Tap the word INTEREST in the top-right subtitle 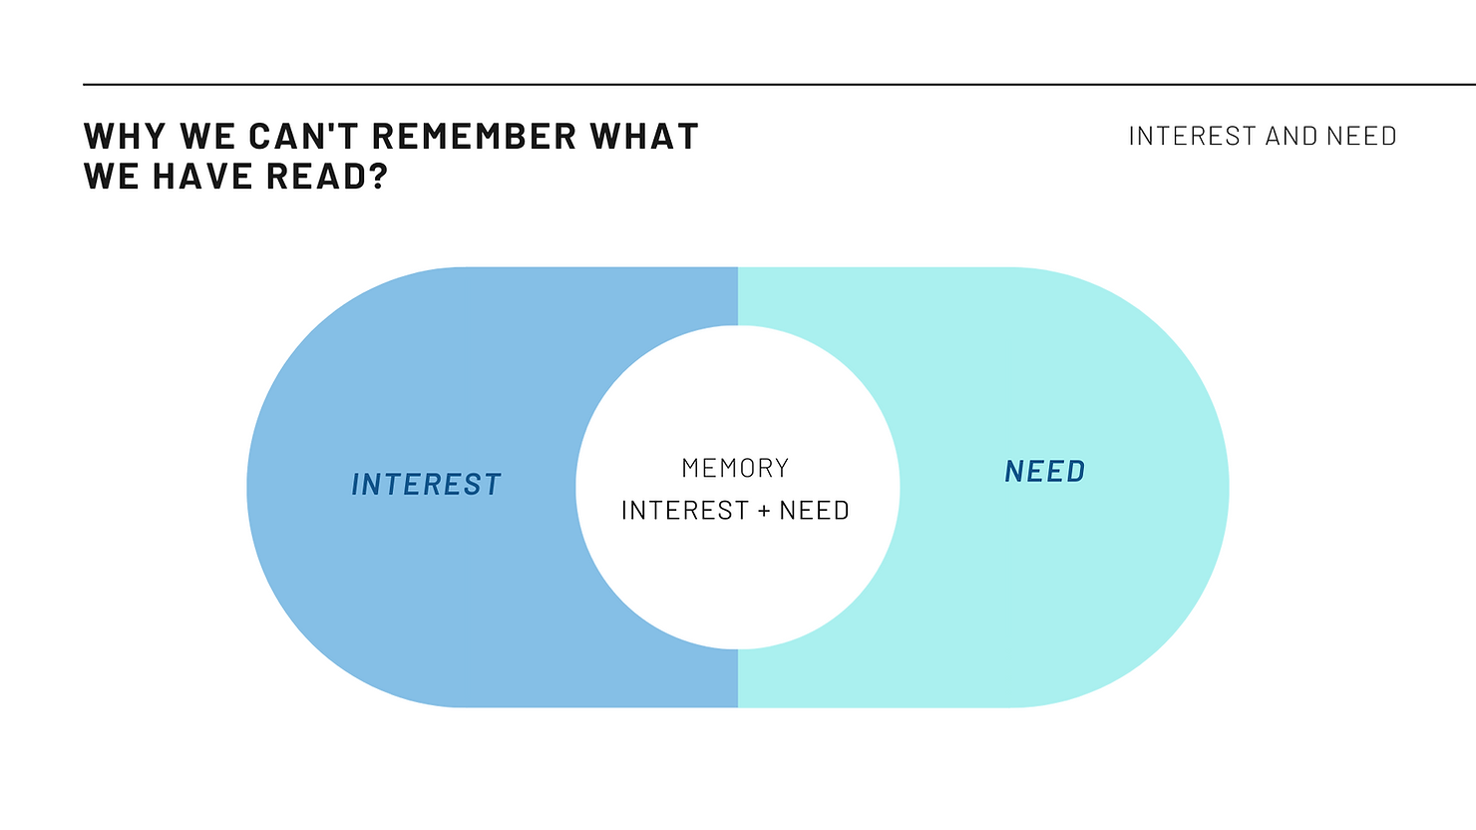(x=1192, y=137)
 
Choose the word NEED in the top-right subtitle (x=1361, y=137)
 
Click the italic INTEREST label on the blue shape (x=426, y=485)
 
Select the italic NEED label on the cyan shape (x=1045, y=472)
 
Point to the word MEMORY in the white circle (x=735, y=468)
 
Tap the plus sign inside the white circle (x=764, y=512)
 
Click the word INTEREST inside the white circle (x=684, y=511)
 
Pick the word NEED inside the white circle (x=814, y=511)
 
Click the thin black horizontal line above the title (x=778, y=85)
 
